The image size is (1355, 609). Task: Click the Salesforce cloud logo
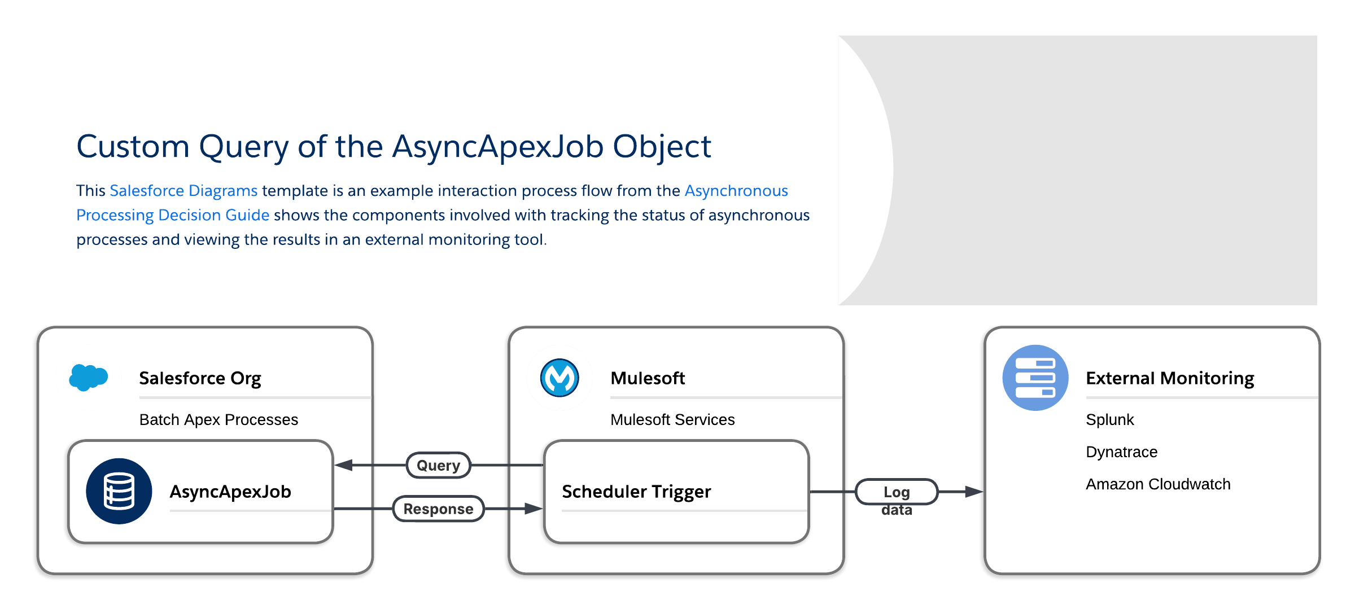coord(88,378)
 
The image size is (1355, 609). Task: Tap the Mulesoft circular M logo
coord(560,378)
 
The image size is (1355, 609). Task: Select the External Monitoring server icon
coord(1035,378)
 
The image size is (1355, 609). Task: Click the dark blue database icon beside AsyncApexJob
coord(119,491)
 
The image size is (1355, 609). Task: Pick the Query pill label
coord(439,465)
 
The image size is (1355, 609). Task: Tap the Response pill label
coord(439,509)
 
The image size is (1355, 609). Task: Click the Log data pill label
coord(897,492)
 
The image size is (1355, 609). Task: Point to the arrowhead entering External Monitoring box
coord(974,492)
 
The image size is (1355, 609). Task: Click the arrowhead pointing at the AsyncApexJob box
coord(344,465)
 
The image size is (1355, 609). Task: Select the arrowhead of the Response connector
coord(534,509)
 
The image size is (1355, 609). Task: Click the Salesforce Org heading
coord(200,378)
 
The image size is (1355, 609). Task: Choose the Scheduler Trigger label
coord(636,492)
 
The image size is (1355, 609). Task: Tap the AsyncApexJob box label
coord(230,492)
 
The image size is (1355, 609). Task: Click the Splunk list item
coord(1109,420)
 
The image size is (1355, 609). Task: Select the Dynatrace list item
coord(1121,452)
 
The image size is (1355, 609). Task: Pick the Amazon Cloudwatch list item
coord(1158,484)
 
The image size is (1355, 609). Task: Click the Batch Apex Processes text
coord(218,420)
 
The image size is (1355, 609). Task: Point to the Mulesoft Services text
coord(672,420)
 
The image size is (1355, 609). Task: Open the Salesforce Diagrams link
coord(183,191)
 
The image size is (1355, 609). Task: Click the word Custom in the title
coord(133,147)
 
